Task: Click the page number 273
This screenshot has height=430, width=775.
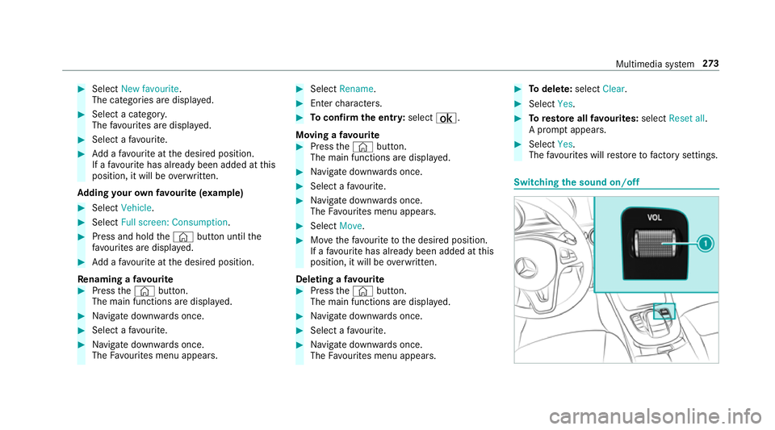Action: [710, 64]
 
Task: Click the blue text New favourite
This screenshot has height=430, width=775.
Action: [150, 89]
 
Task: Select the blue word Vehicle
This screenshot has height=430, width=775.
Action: [136, 208]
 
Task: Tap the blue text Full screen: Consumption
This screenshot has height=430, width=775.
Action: [174, 222]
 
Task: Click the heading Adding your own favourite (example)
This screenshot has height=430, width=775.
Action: [160, 193]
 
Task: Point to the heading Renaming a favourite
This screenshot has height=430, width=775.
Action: [126, 279]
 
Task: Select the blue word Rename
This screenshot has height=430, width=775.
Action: [356, 89]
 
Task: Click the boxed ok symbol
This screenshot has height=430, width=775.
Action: [446, 118]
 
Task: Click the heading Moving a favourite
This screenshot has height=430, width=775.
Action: [337, 135]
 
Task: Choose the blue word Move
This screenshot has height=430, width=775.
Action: [350, 226]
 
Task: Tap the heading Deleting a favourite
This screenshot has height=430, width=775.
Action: [340, 279]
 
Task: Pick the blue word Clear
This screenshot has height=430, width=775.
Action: [614, 89]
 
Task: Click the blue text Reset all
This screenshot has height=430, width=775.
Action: [686, 119]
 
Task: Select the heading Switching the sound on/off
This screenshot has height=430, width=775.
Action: [576, 182]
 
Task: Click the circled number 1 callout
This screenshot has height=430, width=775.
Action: [706, 244]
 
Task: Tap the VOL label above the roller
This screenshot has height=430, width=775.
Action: [654, 217]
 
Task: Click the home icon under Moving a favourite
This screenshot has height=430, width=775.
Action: [362, 147]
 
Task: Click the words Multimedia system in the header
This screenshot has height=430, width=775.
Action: [655, 65]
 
